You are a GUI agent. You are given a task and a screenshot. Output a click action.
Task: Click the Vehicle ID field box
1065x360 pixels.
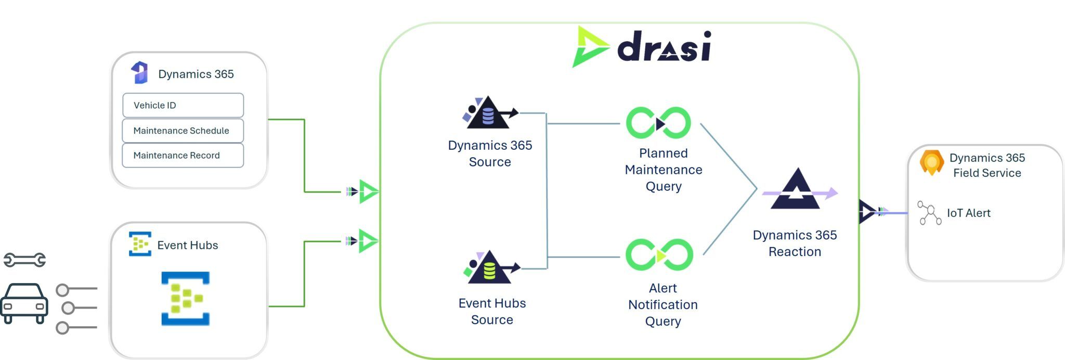click(183, 105)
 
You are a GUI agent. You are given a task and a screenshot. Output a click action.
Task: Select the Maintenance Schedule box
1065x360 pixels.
click(183, 131)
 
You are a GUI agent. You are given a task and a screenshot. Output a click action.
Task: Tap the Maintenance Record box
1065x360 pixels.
click(183, 156)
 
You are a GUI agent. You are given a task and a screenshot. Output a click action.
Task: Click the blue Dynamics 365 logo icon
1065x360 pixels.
click(139, 73)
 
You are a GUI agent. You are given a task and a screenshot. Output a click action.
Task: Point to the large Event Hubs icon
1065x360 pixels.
click(185, 299)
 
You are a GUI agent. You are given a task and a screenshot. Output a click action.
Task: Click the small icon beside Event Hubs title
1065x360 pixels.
click(140, 244)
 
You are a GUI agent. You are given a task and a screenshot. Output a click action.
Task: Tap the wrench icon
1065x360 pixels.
click(24, 260)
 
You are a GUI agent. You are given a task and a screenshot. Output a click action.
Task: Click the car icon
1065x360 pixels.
click(24, 303)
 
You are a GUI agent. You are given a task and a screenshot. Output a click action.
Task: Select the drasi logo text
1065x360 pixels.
click(664, 47)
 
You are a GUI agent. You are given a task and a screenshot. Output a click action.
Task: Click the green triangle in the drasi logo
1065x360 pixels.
click(590, 47)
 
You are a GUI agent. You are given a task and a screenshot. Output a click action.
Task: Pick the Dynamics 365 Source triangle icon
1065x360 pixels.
click(489, 113)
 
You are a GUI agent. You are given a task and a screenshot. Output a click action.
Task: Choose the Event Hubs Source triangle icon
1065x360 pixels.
click(490, 268)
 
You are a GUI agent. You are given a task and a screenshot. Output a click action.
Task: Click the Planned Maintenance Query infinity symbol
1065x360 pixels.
click(658, 123)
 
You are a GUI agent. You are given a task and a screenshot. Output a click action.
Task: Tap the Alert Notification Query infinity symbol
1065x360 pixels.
click(659, 255)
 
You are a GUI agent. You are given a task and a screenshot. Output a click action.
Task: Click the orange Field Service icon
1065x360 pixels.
click(931, 163)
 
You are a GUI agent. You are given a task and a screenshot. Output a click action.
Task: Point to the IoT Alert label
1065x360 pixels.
click(968, 213)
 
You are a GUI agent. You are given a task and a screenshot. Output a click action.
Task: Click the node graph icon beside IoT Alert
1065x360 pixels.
click(929, 213)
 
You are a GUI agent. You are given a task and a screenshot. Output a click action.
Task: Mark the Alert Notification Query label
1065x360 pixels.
click(663, 304)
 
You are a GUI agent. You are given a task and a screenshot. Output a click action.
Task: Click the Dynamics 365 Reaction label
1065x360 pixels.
click(795, 243)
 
